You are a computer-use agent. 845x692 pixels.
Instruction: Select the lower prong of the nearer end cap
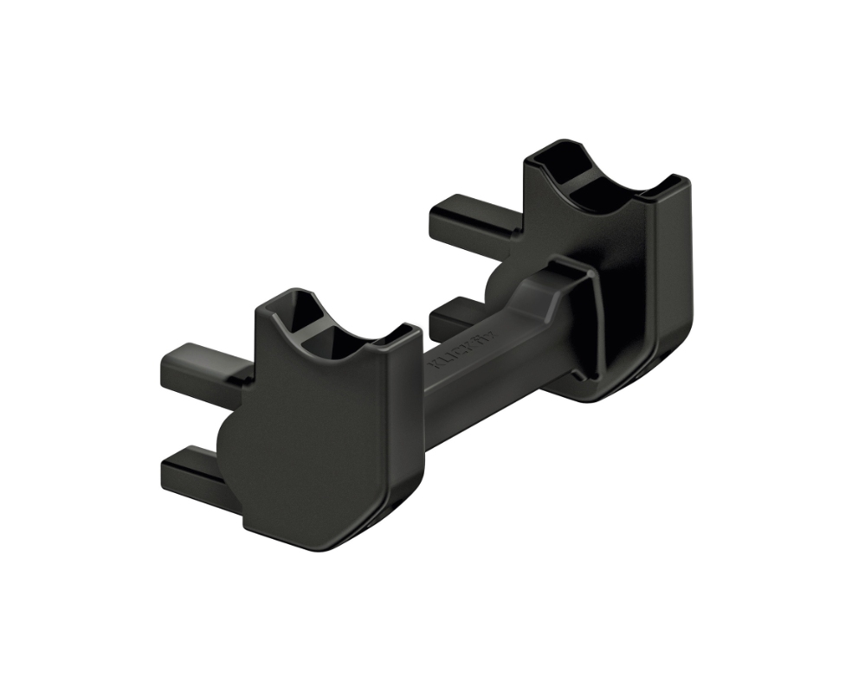coord(192,467)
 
